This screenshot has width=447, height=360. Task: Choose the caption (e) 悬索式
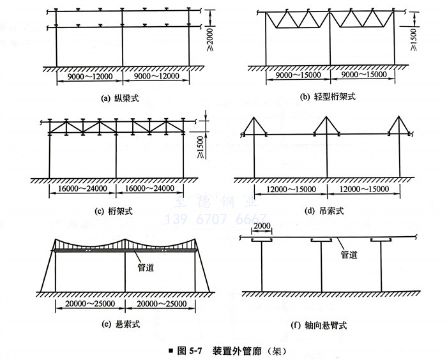[121, 324]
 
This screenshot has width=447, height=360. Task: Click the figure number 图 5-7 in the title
[189, 350]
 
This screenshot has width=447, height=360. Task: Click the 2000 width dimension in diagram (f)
[262, 227]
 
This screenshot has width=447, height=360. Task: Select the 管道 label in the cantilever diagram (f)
[348, 254]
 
